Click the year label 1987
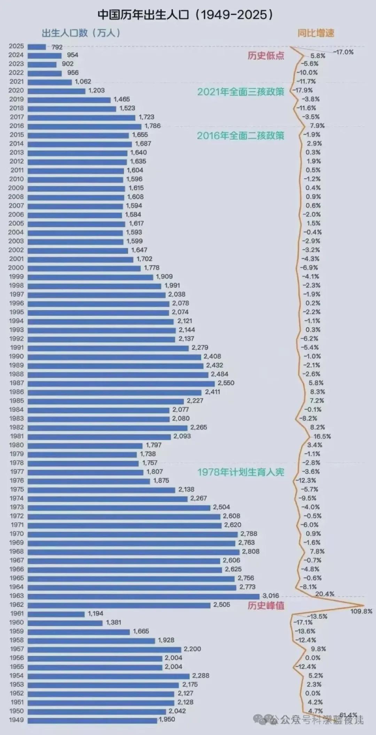coord(16,383)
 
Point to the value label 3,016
coord(271,596)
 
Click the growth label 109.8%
coord(361,611)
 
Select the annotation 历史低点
coord(266,56)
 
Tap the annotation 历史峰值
coord(266,606)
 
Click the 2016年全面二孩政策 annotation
coord(241,136)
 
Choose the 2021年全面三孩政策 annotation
coord(241,92)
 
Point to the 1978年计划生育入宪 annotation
coord(241,472)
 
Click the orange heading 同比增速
coord(316,33)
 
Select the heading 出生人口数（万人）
coord(81,33)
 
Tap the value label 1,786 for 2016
coord(152,126)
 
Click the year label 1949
coord(16,720)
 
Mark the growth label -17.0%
coord(344,52)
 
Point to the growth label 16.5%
coord(322,436)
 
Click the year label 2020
coord(16,90)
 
